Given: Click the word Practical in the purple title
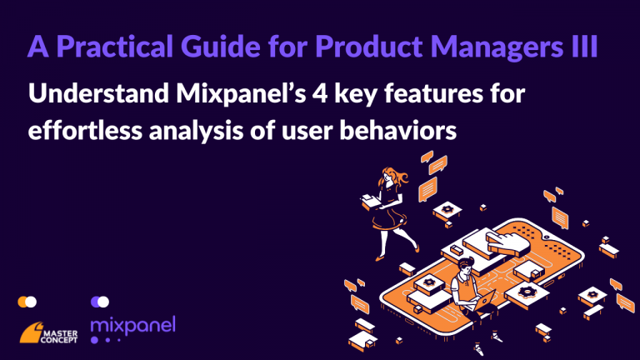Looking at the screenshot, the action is pos(116,47).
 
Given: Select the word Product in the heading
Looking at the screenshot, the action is pos(369,46).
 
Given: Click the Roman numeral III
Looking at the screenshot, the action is pos(583,46).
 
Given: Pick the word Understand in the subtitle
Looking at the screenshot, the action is pos(98,93).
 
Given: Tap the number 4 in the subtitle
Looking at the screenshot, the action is pos(320,94).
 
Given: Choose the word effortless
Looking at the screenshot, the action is pos(85,130).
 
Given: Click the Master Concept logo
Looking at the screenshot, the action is pos(48,332).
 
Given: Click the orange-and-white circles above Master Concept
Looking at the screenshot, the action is pos(27,302).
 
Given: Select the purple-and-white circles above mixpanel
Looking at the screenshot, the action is pos(100,302).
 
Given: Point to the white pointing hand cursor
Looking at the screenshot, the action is pos(507,242).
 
